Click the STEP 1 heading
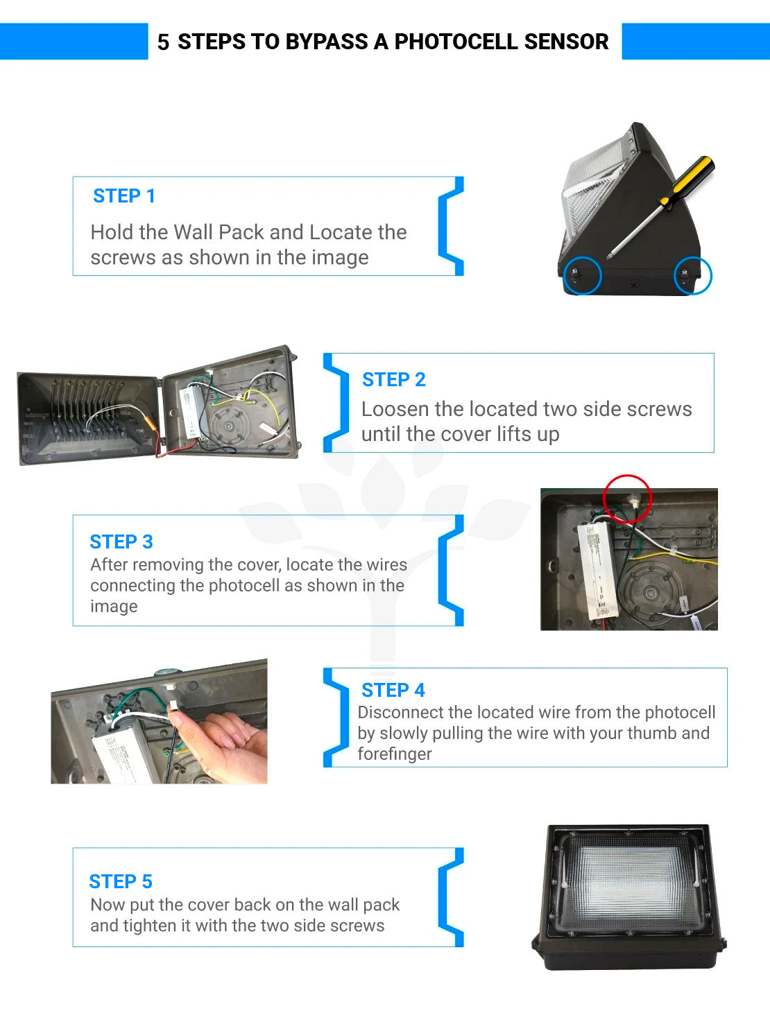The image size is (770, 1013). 123,196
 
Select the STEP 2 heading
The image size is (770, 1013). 394,379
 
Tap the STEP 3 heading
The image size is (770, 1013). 121,542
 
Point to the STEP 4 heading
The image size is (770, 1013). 393,690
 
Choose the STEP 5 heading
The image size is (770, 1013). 121,881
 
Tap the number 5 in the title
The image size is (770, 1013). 163,42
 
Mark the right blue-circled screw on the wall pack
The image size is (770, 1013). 684,274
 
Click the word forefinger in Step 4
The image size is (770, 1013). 395,754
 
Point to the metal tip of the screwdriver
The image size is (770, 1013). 610,255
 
